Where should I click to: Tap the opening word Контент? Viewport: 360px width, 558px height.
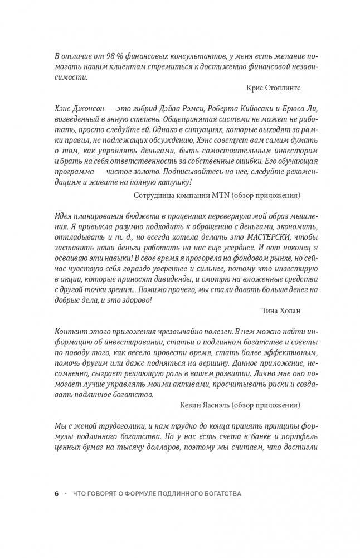pos(71,330)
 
